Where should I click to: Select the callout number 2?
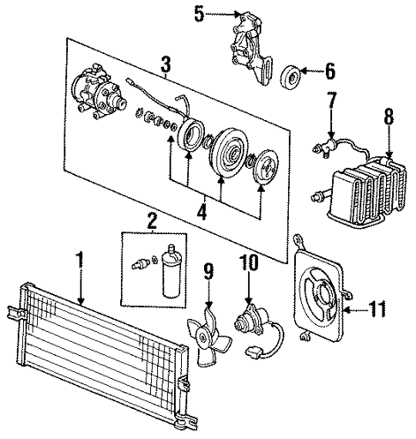coord(153,222)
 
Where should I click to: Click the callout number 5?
coord(198,14)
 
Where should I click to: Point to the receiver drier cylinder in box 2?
coord(172,272)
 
